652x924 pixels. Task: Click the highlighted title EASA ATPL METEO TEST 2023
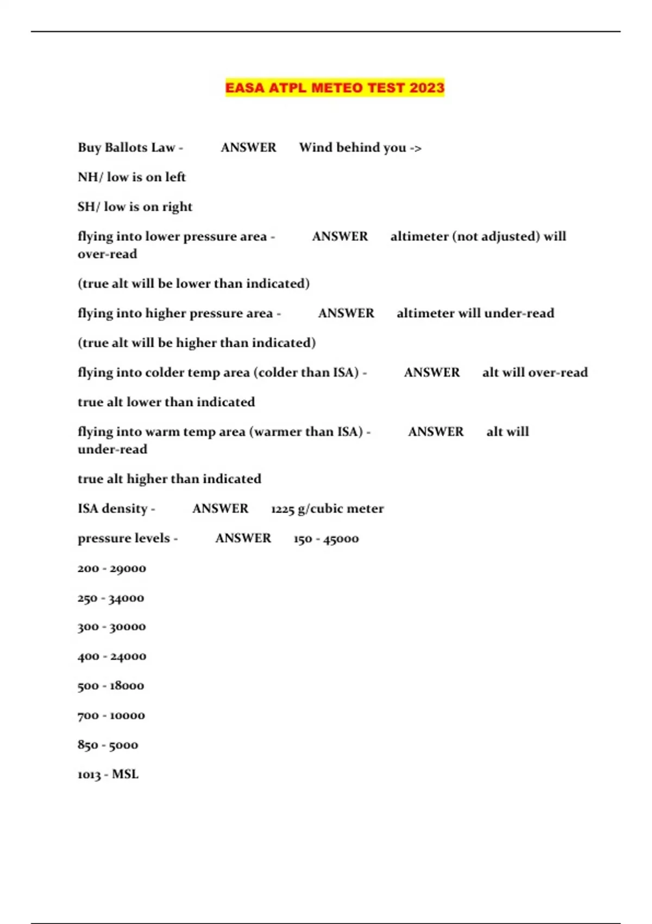click(335, 88)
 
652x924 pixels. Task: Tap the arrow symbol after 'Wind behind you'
click(416, 148)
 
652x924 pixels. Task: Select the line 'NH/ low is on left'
click(131, 177)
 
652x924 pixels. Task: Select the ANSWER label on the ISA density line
click(220, 509)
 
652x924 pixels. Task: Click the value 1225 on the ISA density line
click(283, 509)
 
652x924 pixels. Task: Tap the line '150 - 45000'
click(326, 539)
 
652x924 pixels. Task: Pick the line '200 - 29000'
click(111, 569)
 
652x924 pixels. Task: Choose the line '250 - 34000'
click(111, 598)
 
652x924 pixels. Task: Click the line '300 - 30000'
click(111, 627)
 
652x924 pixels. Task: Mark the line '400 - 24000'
click(111, 657)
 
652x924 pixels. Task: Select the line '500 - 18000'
click(111, 686)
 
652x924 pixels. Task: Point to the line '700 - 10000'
click(111, 715)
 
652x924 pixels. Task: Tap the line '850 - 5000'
click(108, 745)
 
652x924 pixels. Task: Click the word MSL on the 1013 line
click(125, 775)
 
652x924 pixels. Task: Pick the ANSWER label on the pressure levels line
click(243, 538)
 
